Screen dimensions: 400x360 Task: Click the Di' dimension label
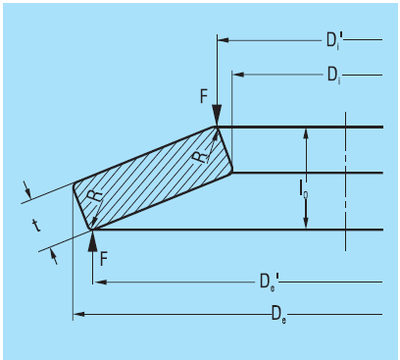pos(334,40)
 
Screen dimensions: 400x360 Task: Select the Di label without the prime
pos(334,76)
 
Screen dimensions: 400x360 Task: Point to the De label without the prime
pos(278,314)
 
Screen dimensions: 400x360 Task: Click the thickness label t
pos(36,226)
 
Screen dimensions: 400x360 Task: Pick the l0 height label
pos(303,188)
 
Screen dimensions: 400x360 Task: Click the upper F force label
pos(204,96)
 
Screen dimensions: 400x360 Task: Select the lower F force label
pos(104,259)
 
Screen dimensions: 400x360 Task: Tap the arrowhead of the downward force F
pos(217,116)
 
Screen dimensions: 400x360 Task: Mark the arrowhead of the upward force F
pos(93,241)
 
